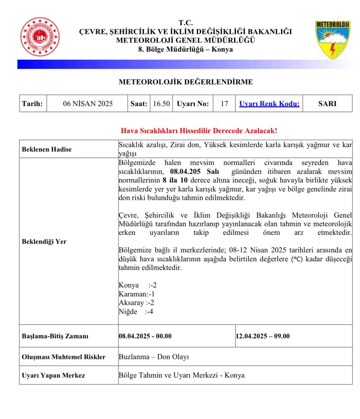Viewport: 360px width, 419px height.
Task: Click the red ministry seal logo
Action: [x=40, y=37]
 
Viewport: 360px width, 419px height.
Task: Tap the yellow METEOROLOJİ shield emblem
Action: [x=332, y=40]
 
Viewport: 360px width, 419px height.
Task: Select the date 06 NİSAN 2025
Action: [x=88, y=104]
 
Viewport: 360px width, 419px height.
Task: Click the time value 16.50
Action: [x=161, y=104]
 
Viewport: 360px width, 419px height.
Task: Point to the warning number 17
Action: [x=224, y=104]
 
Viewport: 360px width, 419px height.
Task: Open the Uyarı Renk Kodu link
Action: [x=269, y=104]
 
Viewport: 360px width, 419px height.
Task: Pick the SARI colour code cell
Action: [x=327, y=104]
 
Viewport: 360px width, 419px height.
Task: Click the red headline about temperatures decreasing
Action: [x=199, y=131]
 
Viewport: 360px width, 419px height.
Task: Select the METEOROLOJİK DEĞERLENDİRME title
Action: [x=186, y=82]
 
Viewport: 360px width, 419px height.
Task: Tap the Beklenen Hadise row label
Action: [x=47, y=149]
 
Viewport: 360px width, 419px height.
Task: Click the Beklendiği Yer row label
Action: [x=44, y=241]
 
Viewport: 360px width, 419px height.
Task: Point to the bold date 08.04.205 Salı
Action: [x=194, y=172]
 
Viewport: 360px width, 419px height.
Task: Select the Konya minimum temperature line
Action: [x=137, y=285]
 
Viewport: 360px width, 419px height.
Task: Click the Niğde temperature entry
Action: [x=136, y=312]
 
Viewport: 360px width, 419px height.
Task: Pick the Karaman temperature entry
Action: [x=136, y=294]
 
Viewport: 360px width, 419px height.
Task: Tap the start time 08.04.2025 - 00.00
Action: [x=145, y=336]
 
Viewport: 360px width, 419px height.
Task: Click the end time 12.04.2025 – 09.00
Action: [x=262, y=336]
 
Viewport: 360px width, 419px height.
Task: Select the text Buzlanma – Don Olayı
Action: [x=154, y=357]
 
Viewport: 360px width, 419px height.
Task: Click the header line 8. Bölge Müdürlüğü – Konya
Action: [x=185, y=49]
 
